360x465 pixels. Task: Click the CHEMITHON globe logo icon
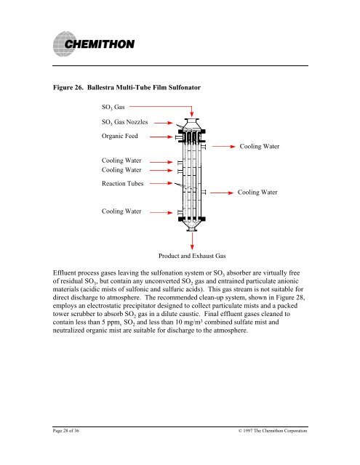(64, 44)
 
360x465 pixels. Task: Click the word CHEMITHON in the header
(100, 44)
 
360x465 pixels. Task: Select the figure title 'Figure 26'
(68, 87)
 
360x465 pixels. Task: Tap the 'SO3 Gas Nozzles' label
(124, 122)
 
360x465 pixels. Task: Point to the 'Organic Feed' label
(119, 136)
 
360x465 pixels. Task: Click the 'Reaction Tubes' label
(123, 184)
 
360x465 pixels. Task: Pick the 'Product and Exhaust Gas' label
(192, 256)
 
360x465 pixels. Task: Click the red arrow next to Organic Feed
(161, 137)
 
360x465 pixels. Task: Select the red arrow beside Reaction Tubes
(161, 183)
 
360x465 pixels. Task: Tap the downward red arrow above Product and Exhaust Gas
(192, 241)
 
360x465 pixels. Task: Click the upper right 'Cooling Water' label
(260, 146)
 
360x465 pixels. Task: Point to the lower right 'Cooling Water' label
(257, 192)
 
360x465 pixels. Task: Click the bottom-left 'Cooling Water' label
(121, 211)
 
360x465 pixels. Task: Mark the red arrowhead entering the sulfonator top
(192, 114)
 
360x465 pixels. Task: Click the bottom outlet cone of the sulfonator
(192, 226)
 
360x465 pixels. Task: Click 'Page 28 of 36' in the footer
(66, 431)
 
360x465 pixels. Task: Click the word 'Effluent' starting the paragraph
(65, 273)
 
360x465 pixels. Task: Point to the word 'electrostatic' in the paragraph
(103, 306)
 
